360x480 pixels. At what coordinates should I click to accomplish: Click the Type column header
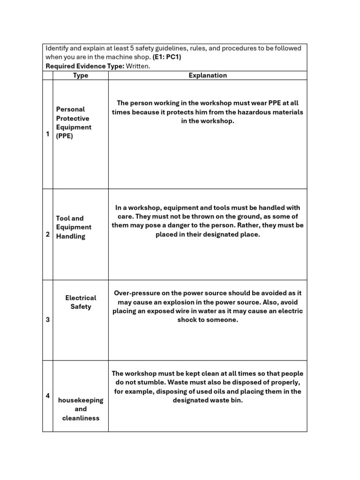pyautogui.click(x=81, y=75)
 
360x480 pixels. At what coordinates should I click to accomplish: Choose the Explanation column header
pyautogui.click(x=207, y=75)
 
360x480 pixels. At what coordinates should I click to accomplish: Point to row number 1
pyautogui.click(x=47, y=134)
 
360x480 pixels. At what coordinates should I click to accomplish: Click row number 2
pyautogui.click(x=47, y=234)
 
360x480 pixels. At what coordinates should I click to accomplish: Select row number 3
pyautogui.click(x=47, y=320)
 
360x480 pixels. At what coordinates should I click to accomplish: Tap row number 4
pyautogui.click(x=47, y=396)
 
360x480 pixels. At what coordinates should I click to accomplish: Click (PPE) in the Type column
pyautogui.click(x=65, y=136)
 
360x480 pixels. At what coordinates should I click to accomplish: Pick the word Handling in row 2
pyautogui.click(x=71, y=236)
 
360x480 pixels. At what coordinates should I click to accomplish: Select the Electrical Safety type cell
pyautogui.click(x=81, y=302)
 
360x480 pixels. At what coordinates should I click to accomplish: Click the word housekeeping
pyautogui.click(x=81, y=400)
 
